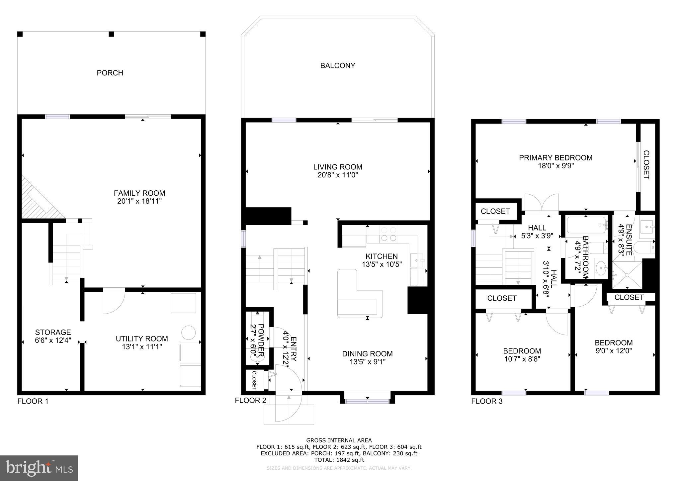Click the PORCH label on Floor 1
[110, 73]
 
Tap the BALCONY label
[338, 65]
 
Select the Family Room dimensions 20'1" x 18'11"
[139, 201]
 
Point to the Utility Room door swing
[113, 302]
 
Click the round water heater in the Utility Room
[189, 333]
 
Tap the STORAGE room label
[53, 332]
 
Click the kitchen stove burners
[389, 234]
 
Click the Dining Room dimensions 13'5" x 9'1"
[367, 362]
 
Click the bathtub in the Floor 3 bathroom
[586, 225]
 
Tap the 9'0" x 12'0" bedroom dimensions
[614, 350]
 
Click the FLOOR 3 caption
[487, 401]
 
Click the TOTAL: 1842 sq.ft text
[339, 460]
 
